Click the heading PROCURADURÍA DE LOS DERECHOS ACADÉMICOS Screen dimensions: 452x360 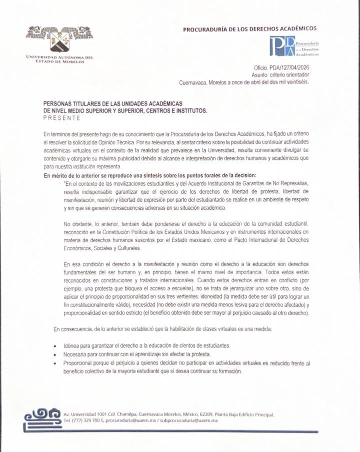coord(249,29)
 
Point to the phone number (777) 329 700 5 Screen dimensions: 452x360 coord(88,421)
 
